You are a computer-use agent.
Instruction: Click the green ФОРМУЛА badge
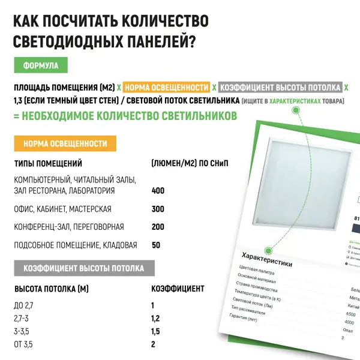coord(40,65)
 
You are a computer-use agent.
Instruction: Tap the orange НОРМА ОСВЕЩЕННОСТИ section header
coord(65,144)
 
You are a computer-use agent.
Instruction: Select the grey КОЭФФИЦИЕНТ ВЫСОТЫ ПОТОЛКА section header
coord(83,268)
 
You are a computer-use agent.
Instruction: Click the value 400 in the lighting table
coord(158,191)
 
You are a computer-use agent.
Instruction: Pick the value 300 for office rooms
coord(158,209)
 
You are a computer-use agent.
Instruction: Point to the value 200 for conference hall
coord(158,227)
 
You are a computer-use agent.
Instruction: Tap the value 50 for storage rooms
coord(156,245)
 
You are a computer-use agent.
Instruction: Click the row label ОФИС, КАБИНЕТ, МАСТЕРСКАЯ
coord(62,209)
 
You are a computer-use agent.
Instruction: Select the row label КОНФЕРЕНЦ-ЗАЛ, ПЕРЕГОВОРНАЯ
coord(68,227)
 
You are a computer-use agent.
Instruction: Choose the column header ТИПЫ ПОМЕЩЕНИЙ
coord(48,163)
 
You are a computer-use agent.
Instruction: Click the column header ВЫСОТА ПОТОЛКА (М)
coord(51,289)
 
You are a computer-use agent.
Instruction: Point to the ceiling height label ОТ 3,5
coord(24,344)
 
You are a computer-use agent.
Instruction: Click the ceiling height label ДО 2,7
coord(24,305)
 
